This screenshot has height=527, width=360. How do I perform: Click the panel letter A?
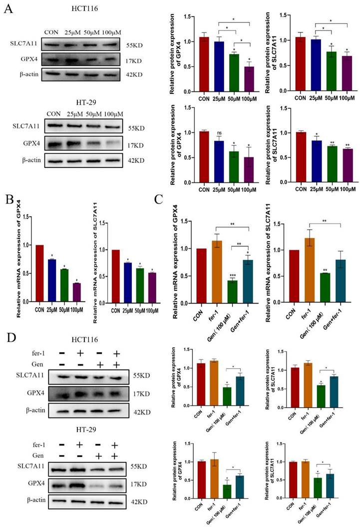click(x=8, y=8)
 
